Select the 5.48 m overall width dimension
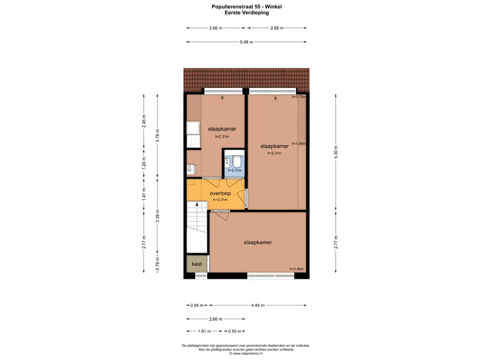pos(247,42)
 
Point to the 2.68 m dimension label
pos(277,28)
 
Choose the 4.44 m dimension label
pos(258,305)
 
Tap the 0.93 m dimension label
pos(234,331)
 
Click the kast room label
pos(197,264)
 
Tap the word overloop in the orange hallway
pos(220,193)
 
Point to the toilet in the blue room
pos(237,162)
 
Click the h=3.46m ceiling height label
pos(296,269)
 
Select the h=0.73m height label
pos(299,97)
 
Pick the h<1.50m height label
pos(299,144)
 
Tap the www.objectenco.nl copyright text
pos(247,353)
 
